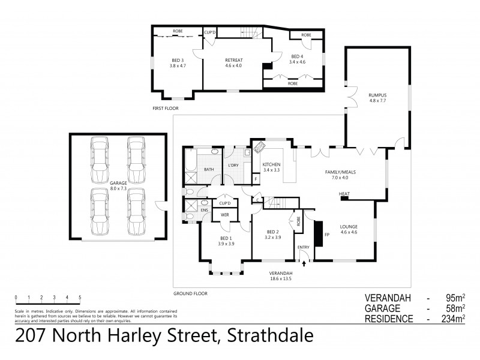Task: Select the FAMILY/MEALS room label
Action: pyautogui.click(x=340, y=172)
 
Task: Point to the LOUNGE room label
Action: pyautogui.click(x=349, y=227)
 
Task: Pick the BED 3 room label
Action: pyautogui.click(x=178, y=61)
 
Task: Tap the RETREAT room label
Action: pyautogui.click(x=234, y=61)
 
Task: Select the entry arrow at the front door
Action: pyautogui.click(x=304, y=262)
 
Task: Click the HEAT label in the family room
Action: pyautogui.click(x=344, y=194)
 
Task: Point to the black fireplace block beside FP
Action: pyautogui.click(x=318, y=234)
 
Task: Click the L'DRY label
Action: pyautogui.click(x=233, y=166)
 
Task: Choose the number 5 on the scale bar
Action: pyautogui.click(x=80, y=298)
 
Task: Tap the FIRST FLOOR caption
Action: pyautogui.click(x=166, y=108)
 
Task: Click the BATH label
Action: pyautogui.click(x=209, y=170)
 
